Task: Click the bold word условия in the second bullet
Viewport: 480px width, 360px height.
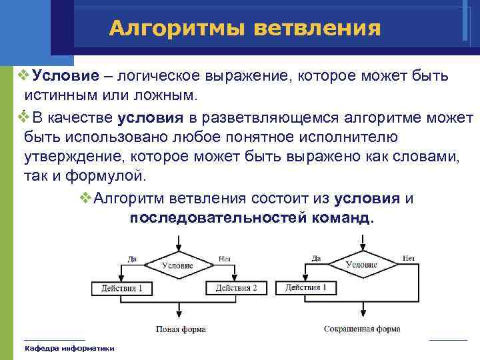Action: pyautogui.click(x=150, y=119)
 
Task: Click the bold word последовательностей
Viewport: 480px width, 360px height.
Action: pyautogui.click(x=218, y=218)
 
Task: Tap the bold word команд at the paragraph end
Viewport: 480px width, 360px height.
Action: pyautogui.click(x=342, y=218)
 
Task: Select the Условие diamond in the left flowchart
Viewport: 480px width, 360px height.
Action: pyautogui.click(x=177, y=265)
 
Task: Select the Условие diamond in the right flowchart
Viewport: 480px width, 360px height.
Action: pyautogui.click(x=361, y=264)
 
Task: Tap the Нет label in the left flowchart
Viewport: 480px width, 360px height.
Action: pyautogui.click(x=224, y=259)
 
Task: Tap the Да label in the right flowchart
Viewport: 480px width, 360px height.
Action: pyautogui.click(x=315, y=258)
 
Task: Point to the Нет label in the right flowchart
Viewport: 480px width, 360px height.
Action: pyautogui.click(x=408, y=258)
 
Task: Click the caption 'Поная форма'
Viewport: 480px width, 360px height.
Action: pyautogui.click(x=181, y=329)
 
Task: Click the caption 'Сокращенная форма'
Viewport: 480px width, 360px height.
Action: pyautogui.click(x=362, y=329)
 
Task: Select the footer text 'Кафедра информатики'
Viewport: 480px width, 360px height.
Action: pyautogui.click(x=69, y=348)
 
